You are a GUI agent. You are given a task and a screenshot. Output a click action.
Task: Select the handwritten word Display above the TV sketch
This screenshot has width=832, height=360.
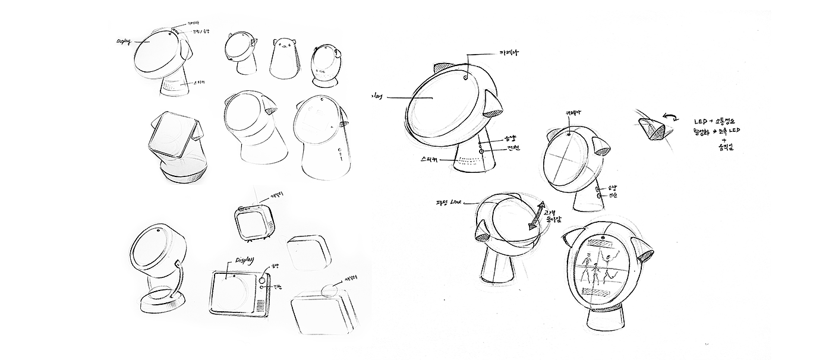coord(244,260)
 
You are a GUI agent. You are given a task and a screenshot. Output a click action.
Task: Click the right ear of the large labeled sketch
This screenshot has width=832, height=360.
coord(493,105)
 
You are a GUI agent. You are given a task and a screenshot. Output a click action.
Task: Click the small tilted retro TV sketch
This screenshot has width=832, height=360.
coord(253,222)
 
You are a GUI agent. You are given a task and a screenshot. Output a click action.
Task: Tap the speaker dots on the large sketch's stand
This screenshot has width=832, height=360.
coord(471,160)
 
